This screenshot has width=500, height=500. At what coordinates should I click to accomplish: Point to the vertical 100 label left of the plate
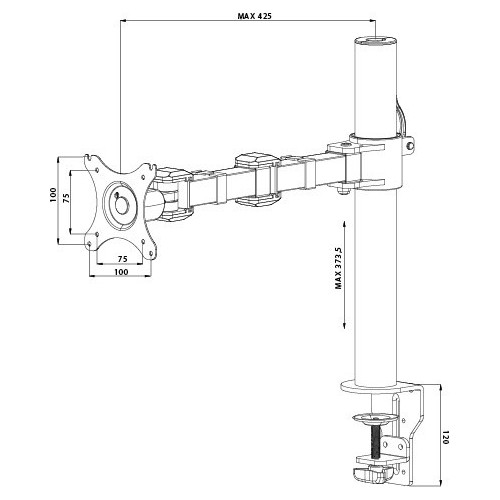[x=52, y=197]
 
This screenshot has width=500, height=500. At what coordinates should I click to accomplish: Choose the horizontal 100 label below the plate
[x=120, y=271]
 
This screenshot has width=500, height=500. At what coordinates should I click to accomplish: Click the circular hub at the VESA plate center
[x=121, y=206]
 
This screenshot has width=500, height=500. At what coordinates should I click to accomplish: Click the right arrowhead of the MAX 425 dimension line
[x=374, y=27]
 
